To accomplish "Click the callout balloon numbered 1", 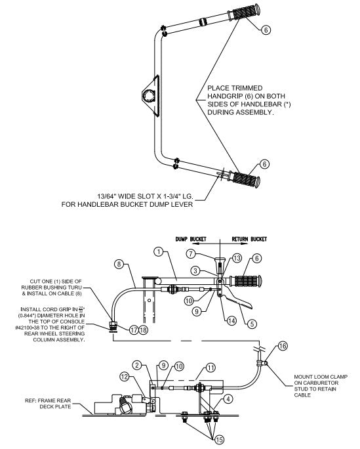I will tap(158, 251).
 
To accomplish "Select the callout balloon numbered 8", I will tap(119, 264).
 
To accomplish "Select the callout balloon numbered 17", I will tap(134, 330).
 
